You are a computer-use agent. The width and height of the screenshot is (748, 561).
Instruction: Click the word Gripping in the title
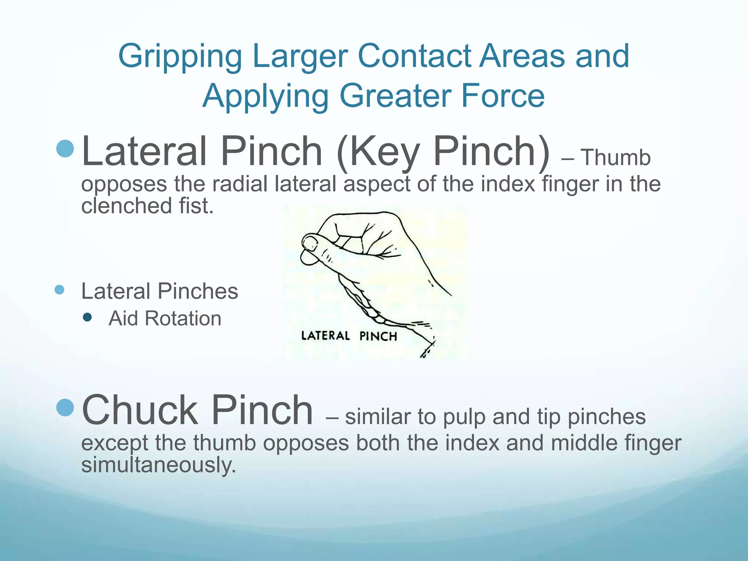(x=180, y=57)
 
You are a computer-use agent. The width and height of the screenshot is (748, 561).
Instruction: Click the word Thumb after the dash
(x=616, y=157)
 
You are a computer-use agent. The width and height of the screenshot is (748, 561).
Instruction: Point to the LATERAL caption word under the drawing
(x=325, y=336)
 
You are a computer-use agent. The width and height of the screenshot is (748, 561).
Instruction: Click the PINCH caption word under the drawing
(x=378, y=336)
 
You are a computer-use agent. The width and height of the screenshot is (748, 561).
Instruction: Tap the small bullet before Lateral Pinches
(x=60, y=290)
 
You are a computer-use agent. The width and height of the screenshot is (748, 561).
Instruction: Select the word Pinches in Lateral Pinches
(x=198, y=291)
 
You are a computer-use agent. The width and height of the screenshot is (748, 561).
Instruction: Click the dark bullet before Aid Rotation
(x=87, y=317)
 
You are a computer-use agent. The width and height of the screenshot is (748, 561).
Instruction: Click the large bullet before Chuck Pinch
(x=66, y=408)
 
